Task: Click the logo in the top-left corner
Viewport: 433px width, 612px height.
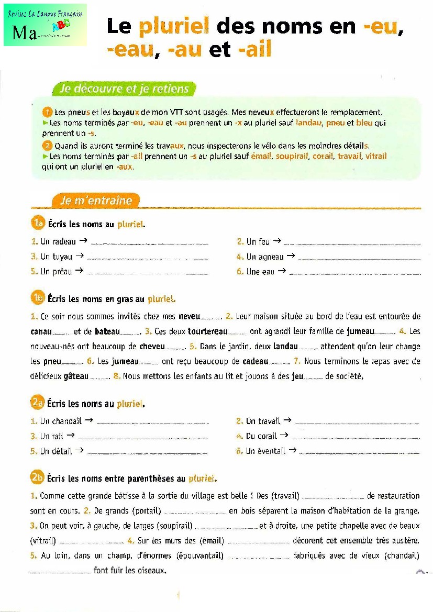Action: point(45,25)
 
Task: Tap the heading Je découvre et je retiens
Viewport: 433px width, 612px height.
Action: point(124,89)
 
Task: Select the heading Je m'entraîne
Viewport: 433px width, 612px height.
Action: point(97,201)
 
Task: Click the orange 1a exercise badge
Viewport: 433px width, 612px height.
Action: point(38,224)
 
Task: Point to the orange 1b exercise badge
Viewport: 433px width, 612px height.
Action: point(38,298)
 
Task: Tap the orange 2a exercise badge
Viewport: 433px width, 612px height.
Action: point(38,403)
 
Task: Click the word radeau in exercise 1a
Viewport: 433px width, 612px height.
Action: point(64,242)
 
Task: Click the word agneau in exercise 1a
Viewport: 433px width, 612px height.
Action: point(271,257)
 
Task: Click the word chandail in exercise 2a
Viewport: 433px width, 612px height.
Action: point(67,421)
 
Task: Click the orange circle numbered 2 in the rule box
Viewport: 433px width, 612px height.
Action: point(47,146)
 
